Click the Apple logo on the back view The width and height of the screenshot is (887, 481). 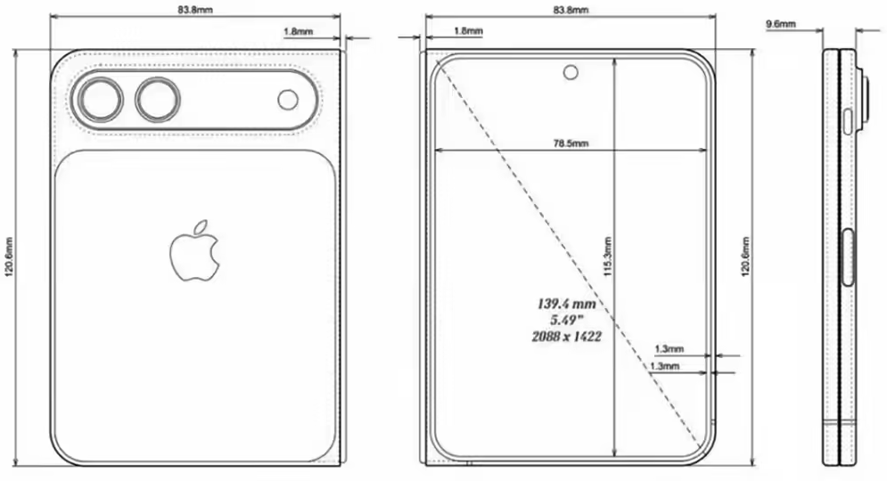[x=194, y=252]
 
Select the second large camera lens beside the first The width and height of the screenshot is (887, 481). [x=158, y=99]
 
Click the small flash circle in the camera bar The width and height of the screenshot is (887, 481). [x=287, y=100]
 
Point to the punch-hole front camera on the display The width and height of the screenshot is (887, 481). [x=570, y=71]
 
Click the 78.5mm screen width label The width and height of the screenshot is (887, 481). [x=571, y=143]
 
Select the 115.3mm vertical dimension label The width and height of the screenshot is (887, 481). [x=607, y=258]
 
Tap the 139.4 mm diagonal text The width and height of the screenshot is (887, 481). [x=565, y=304]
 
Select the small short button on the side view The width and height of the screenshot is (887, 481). [x=847, y=120]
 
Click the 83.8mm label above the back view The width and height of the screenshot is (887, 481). [x=196, y=10]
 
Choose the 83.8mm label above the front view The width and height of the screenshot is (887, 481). [x=570, y=10]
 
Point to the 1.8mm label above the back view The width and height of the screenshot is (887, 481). [x=297, y=31]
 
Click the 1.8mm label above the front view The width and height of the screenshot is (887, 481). [x=468, y=31]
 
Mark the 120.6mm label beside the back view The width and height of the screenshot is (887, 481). [x=9, y=258]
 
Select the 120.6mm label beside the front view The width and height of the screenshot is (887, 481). [x=745, y=258]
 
